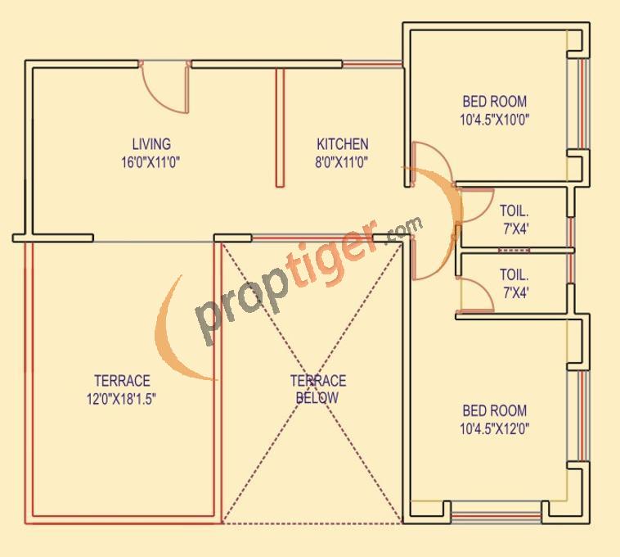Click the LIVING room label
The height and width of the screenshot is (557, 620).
coord(151,145)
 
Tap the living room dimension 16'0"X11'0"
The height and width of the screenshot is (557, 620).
coord(151,161)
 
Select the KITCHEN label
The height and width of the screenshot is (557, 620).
coord(343,144)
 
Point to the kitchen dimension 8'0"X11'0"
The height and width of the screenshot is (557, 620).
coord(342,161)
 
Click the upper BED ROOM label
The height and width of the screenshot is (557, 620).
coord(494,102)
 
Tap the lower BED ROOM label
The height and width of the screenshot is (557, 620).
coord(494,410)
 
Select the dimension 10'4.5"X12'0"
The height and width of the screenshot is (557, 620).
coord(494,428)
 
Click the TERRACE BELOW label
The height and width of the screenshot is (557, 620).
coord(318,389)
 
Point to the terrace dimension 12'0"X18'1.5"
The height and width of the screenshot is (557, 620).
coord(122,398)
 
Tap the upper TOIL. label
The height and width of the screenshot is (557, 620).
coord(515,211)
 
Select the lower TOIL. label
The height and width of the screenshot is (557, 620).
coord(515,275)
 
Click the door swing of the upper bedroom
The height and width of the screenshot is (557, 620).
coord(427,163)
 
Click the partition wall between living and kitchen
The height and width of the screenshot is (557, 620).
coord(279,127)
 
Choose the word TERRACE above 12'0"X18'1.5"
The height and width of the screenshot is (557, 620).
coord(122,381)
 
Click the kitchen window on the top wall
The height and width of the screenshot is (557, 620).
coord(372,64)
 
